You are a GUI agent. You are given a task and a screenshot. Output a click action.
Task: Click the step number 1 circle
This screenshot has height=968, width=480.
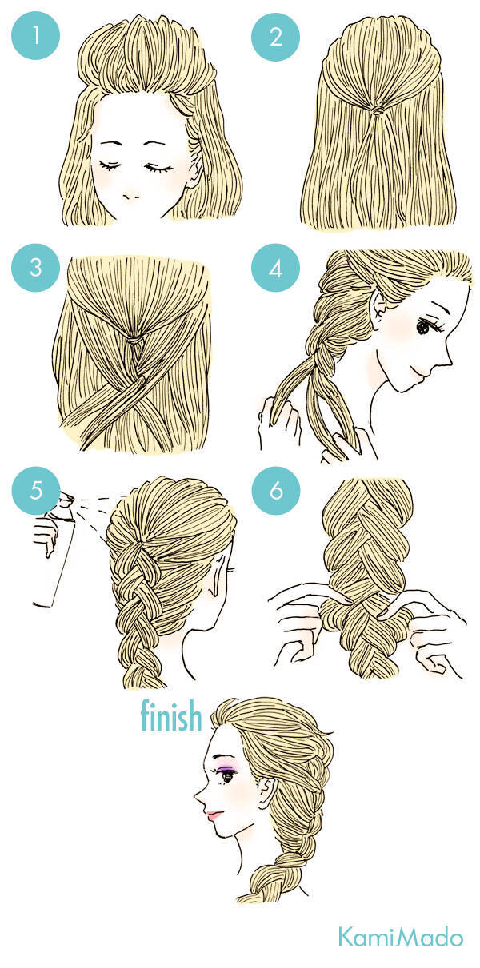click(x=35, y=35)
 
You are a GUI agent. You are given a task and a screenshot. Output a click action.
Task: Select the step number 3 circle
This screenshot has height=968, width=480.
click(x=35, y=268)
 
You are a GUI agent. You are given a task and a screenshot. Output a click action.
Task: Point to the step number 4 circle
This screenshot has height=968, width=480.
click(x=275, y=268)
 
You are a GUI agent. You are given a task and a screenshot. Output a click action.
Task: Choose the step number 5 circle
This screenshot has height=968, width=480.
click(x=35, y=491)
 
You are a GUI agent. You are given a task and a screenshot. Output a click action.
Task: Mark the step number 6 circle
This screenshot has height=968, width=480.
click(x=275, y=491)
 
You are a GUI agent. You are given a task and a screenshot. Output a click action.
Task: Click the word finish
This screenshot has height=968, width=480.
click(x=171, y=715)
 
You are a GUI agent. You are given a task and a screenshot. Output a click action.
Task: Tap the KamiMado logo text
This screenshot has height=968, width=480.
click(x=401, y=938)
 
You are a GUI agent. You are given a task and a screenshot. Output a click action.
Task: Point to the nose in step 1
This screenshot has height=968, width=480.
click(x=130, y=197)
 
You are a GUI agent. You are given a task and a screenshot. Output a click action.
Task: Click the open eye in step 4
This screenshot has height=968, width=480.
click(x=423, y=327)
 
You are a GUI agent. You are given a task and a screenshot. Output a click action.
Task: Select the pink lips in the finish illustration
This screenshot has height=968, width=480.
click(x=215, y=815)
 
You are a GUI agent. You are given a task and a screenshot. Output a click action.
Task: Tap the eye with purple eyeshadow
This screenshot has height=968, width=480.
click(x=226, y=775)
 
